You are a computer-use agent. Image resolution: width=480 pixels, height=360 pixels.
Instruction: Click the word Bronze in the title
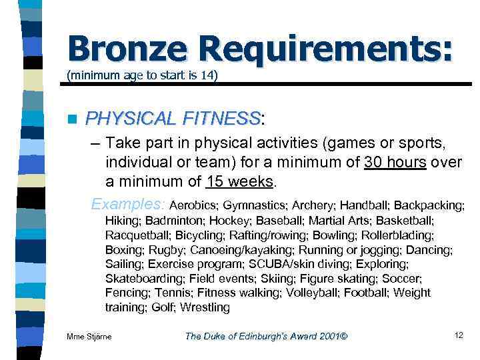125,49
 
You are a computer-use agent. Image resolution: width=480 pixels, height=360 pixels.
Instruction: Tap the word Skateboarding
143,279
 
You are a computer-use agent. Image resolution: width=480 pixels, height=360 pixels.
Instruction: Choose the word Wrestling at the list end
205,307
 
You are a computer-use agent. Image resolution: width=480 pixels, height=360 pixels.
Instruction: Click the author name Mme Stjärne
89,336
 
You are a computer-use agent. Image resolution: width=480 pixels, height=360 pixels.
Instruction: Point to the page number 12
458,335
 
